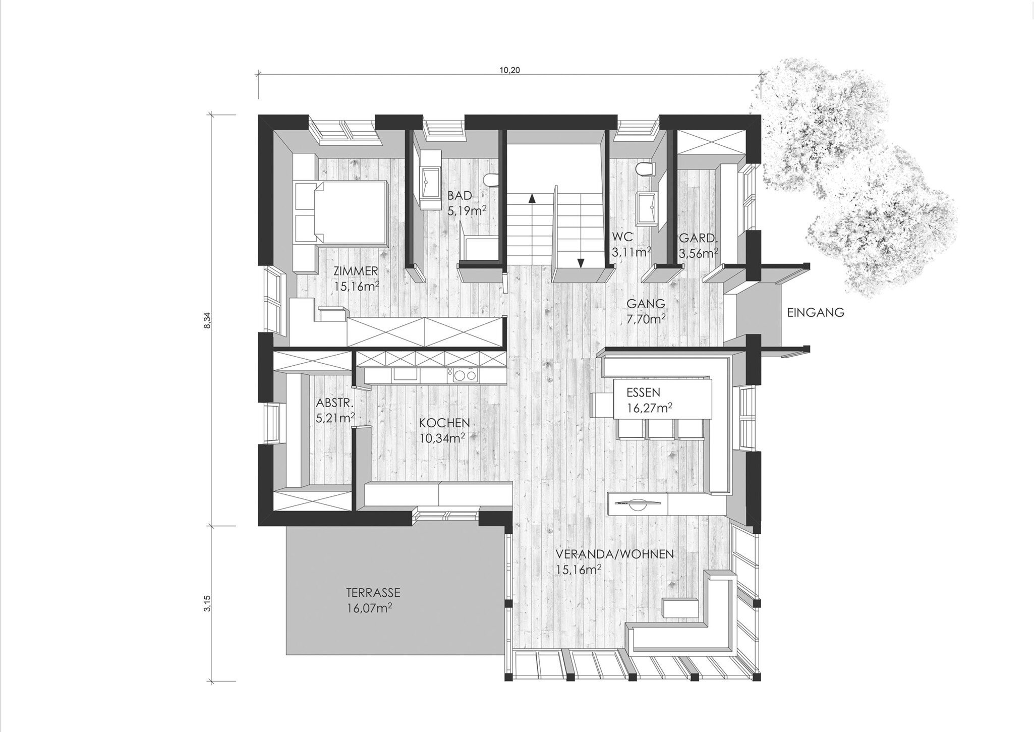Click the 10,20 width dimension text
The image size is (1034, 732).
pyautogui.click(x=509, y=70)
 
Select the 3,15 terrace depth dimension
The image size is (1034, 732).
pyautogui.click(x=206, y=603)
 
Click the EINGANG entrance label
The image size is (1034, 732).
pyautogui.click(x=816, y=313)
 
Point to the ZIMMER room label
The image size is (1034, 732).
pyautogui.click(x=356, y=271)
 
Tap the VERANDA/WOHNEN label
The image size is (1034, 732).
pyautogui.click(x=615, y=554)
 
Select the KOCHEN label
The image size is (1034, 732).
pyautogui.click(x=444, y=422)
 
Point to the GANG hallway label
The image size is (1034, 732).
pyautogui.click(x=646, y=303)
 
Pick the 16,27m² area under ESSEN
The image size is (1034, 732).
pyautogui.click(x=650, y=407)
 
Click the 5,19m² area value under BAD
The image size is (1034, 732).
pyautogui.click(x=467, y=210)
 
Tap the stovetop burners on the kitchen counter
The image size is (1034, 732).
pyautogui.click(x=464, y=375)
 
